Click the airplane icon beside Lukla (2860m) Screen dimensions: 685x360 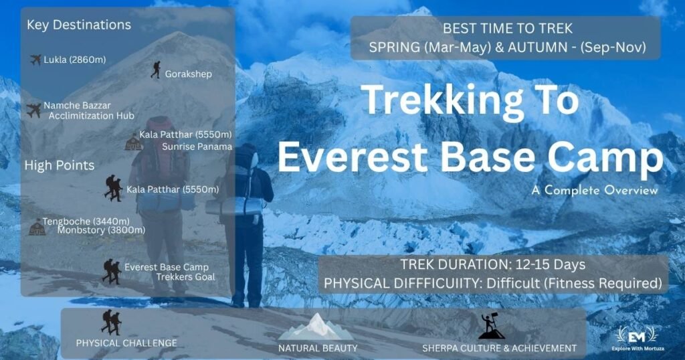pyautogui.click(x=36, y=60)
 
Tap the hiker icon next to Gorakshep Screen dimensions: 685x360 pyautogui.click(x=155, y=70)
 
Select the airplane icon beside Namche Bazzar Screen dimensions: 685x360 pyautogui.click(x=33, y=110)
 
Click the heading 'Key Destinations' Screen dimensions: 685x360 pyautogui.click(x=79, y=25)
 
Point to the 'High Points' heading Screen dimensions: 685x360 pyautogui.click(x=60, y=165)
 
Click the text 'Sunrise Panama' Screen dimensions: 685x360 pyautogui.click(x=197, y=147)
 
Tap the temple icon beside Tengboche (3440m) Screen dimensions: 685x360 pyautogui.click(x=37, y=228)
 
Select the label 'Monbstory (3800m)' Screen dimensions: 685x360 pyautogui.click(x=102, y=230)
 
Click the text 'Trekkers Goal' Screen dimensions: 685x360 pyautogui.click(x=186, y=277)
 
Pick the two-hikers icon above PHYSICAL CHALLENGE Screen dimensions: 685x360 pyautogui.click(x=112, y=323)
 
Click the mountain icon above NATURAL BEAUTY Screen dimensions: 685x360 pyautogui.click(x=316, y=327)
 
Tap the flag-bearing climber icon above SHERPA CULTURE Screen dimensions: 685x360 pyautogui.click(x=492, y=326)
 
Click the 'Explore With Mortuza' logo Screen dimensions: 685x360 pyautogui.click(x=638, y=339)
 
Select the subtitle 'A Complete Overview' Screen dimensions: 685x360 pyautogui.click(x=595, y=191)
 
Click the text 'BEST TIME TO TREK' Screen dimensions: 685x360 pyautogui.click(x=508, y=28)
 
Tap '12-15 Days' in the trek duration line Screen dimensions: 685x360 pyautogui.click(x=551, y=265)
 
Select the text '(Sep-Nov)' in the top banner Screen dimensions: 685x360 pyautogui.click(x=613, y=47)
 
